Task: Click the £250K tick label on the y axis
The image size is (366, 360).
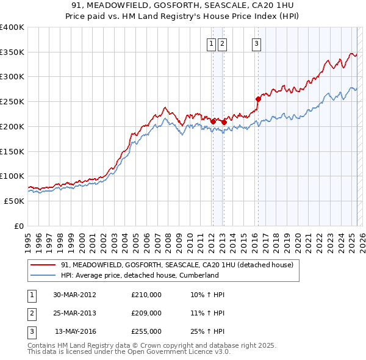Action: click(12, 102)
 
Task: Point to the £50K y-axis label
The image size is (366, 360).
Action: click(14, 201)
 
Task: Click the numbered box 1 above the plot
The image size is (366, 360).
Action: click(211, 43)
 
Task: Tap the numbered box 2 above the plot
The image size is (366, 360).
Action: click(222, 43)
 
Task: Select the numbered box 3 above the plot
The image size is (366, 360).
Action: click(256, 43)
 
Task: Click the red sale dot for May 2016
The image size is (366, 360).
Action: click(258, 99)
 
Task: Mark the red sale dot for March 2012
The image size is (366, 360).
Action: click(213, 121)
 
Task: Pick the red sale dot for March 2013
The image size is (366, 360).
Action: click(224, 122)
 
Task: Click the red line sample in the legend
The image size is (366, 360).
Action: click(42, 265)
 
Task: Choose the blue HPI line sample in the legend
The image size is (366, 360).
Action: click(42, 275)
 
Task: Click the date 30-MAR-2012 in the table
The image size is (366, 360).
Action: click(74, 295)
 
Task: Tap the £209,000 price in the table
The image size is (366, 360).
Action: click(146, 313)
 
